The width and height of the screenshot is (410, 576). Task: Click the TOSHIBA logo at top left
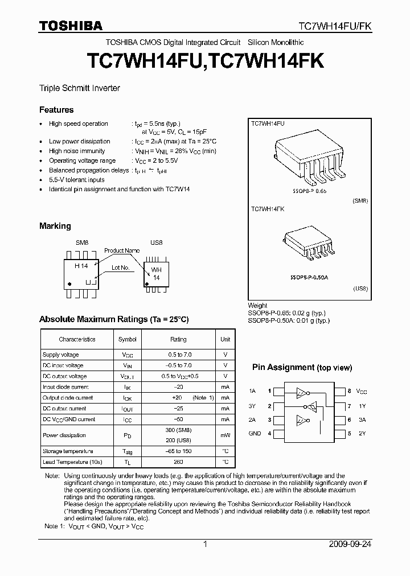pyautogui.click(x=71, y=26)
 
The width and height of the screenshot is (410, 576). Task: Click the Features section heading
pyautogui.click(x=56, y=109)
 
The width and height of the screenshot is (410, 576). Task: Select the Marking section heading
pyautogui.click(x=55, y=226)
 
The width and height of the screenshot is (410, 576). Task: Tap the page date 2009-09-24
pyautogui.click(x=350, y=544)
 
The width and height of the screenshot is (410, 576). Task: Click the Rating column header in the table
pyautogui.click(x=178, y=339)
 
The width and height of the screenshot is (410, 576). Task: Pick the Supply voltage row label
pyautogui.click(x=61, y=355)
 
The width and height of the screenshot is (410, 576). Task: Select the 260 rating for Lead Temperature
pyautogui.click(x=178, y=462)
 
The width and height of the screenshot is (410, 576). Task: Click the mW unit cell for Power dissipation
pyautogui.click(x=225, y=435)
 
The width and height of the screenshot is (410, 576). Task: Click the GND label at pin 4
pyautogui.click(x=255, y=434)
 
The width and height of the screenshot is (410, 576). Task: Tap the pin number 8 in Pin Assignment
pyautogui.click(x=350, y=392)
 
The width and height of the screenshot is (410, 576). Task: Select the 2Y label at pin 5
pyautogui.click(x=361, y=434)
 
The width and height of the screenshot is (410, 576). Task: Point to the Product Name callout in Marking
pyautogui.click(x=121, y=250)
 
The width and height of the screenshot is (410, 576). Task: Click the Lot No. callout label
pyautogui.click(x=121, y=267)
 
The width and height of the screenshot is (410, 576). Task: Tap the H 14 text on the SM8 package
pyautogui.click(x=81, y=265)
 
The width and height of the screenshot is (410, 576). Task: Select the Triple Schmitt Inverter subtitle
pyautogui.click(x=79, y=88)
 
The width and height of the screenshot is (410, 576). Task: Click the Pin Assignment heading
pyautogui.click(x=302, y=368)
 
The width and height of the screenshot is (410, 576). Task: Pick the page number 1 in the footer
pyautogui.click(x=205, y=544)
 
